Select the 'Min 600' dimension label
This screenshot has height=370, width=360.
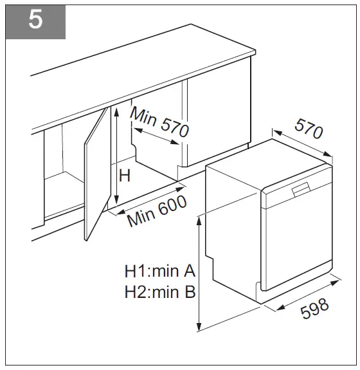pyautogui.click(x=157, y=210)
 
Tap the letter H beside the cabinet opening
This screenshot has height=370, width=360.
pyautogui.click(x=125, y=175)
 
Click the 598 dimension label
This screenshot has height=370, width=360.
pyautogui.click(x=314, y=309)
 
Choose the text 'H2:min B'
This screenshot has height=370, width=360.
pyautogui.click(x=160, y=292)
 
